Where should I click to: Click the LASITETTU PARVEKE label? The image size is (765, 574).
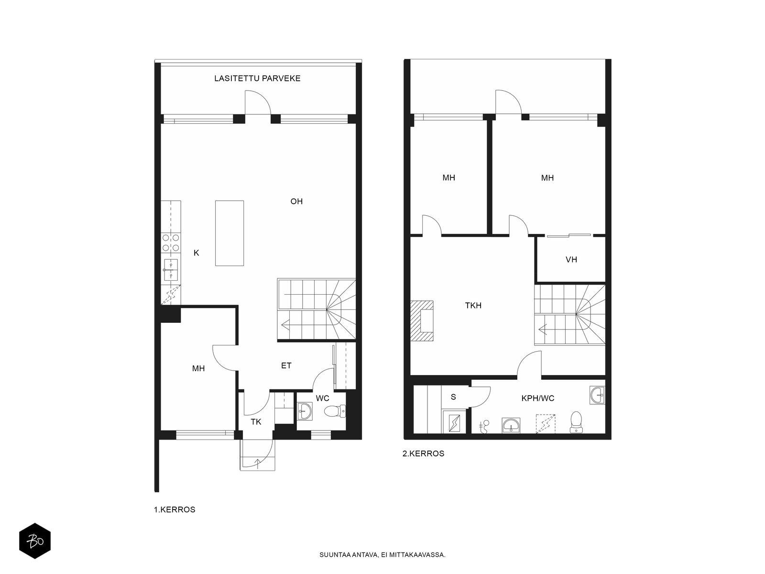pyautogui.click(x=257, y=78)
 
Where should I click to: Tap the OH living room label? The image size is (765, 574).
pyautogui.click(x=296, y=201)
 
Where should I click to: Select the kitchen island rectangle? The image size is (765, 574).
pyautogui.click(x=229, y=233)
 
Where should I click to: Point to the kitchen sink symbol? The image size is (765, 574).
pyautogui.click(x=171, y=270)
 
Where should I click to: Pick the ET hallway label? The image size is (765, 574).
pyautogui.click(x=286, y=365)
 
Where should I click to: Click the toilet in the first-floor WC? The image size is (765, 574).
pyautogui.click(x=335, y=411)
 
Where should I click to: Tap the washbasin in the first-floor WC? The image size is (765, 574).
pyautogui.click(x=306, y=411)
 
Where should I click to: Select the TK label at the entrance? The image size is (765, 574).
pyautogui.click(x=256, y=422)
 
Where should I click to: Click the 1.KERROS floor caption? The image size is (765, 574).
pyautogui.click(x=175, y=509)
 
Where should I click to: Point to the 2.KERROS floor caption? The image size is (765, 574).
pyautogui.click(x=424, y=453)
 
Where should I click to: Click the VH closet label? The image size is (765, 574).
pyautogui.click(x=571, y=260)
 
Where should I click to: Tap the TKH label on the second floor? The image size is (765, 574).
pyautogui.click(x=473, y=306)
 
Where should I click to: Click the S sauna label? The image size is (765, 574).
pyautogui.click(x=453, y=397)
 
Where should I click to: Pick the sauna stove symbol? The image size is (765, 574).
pyautogui.click(x=454, y=422)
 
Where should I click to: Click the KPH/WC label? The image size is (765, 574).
pyautogui.click(x=538, y=398)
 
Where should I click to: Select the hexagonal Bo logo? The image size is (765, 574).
pyautogui.click(x=35, y=541)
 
